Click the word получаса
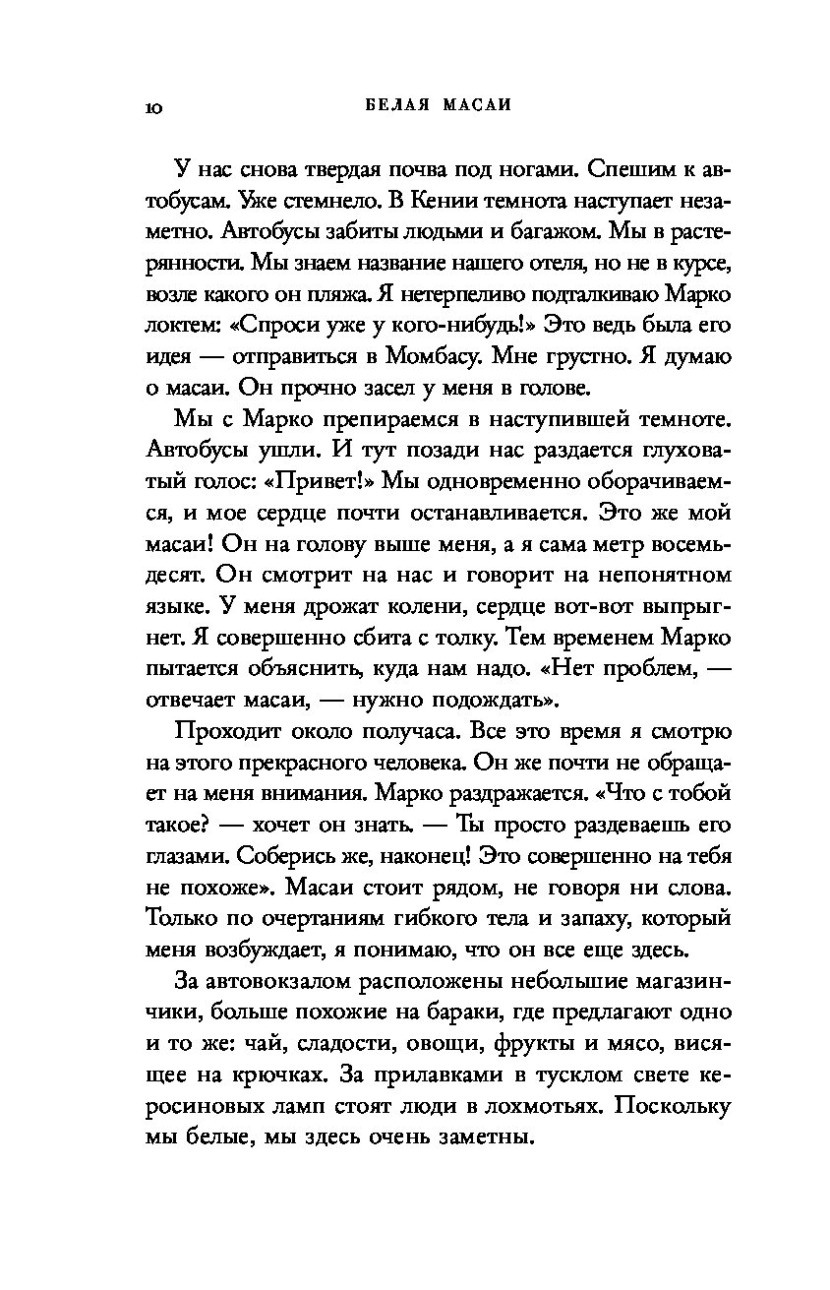pos(409,733)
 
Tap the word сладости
pos(338,1044)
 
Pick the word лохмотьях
pos(535,1107)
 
